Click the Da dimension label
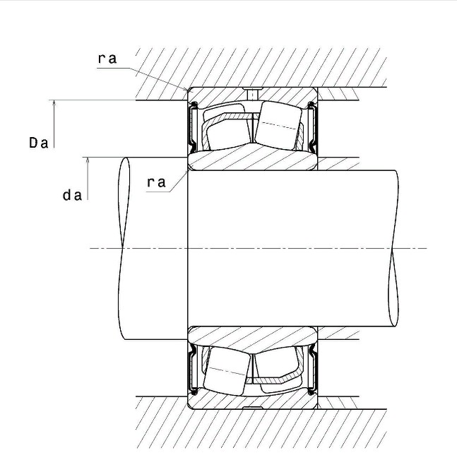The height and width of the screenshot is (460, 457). point(39,143)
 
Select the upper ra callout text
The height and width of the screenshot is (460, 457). point(107,59)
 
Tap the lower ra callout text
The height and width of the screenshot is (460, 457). point(156,182)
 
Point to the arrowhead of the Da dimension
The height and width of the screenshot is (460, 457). point(54,102)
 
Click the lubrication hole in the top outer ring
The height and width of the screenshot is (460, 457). point(252,94)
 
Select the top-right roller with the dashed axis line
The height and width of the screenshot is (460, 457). point(278,126)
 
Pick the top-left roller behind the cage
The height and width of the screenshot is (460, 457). point(227,126)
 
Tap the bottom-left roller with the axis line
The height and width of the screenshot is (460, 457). point(227,371)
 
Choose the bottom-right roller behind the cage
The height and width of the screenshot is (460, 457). point(279,370)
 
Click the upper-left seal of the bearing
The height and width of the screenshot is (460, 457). point(193,126)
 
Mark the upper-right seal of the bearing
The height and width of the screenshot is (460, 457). point(312,126)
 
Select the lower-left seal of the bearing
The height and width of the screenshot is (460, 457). point(193,369)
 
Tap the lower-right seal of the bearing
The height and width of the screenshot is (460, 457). point(312,369)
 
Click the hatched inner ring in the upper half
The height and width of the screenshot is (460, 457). point(252,158)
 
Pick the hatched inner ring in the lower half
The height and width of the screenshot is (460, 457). point(252,338)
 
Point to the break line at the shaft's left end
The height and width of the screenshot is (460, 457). point(124,248)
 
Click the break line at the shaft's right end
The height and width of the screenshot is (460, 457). point(393,248)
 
